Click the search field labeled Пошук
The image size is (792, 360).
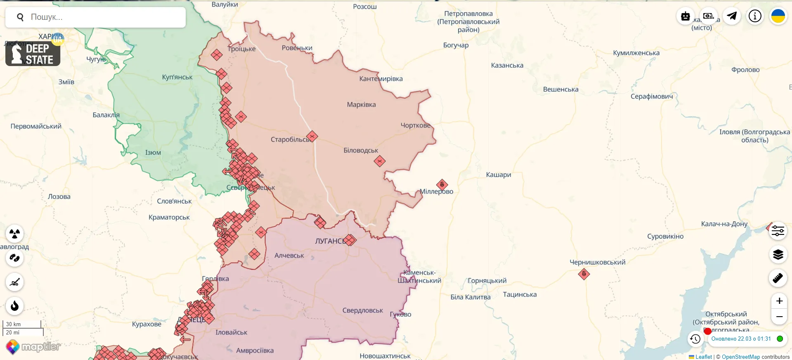[103, 17]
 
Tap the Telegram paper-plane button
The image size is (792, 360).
[732, 16]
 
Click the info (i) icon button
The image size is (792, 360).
[755, 16]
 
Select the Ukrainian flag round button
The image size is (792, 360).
[778, 16]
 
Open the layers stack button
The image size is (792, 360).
[778, 254]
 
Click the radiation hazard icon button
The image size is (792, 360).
[15, 234]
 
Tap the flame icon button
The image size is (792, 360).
[15, 306]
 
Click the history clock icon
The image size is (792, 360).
[695, 339]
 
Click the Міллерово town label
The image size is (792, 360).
[436, 192]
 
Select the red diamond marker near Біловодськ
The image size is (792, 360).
[380, 161]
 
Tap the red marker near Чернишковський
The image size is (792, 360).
[584, 274]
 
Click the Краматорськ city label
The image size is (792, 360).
[169, 217]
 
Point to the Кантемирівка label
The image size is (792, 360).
[381, 79]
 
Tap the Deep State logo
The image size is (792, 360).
[33, 53]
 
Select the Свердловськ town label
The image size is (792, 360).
[362, 310]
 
